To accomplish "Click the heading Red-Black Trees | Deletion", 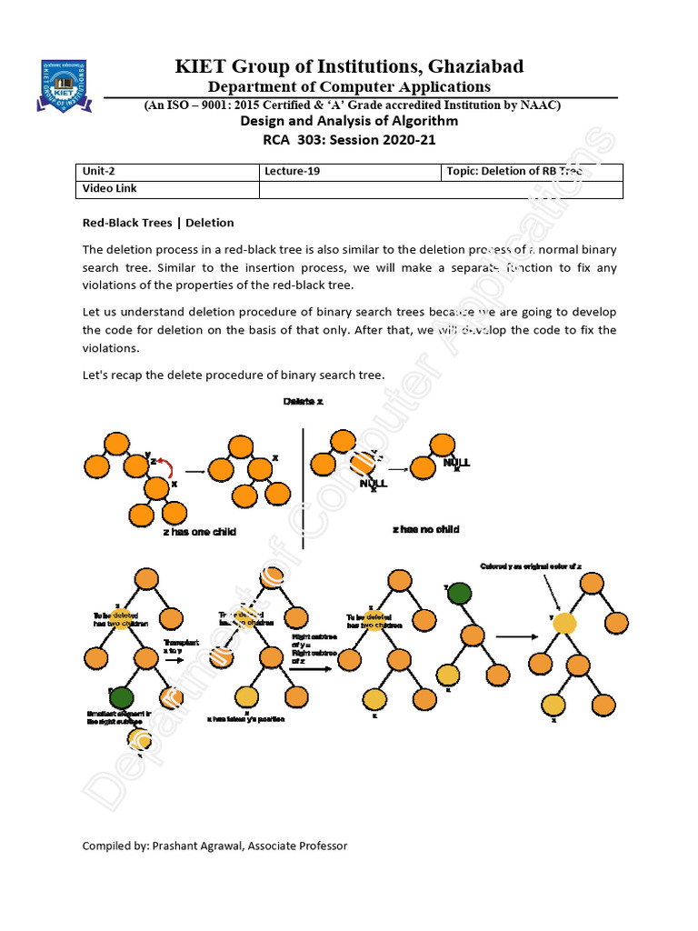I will tap(158, 223).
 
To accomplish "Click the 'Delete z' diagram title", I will tap(303, 402).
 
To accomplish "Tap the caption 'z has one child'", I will tap(199, 531).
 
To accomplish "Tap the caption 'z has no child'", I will tap(425, 529).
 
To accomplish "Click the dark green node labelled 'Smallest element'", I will tap(123, 698).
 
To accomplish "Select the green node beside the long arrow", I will tap(459, 595).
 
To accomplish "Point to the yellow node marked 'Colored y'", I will tap(564, 624).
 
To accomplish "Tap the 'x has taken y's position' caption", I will tap(246, 719).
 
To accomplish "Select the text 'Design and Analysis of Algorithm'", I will tap(349, 121).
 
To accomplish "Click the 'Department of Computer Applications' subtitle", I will tap(349, 86).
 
